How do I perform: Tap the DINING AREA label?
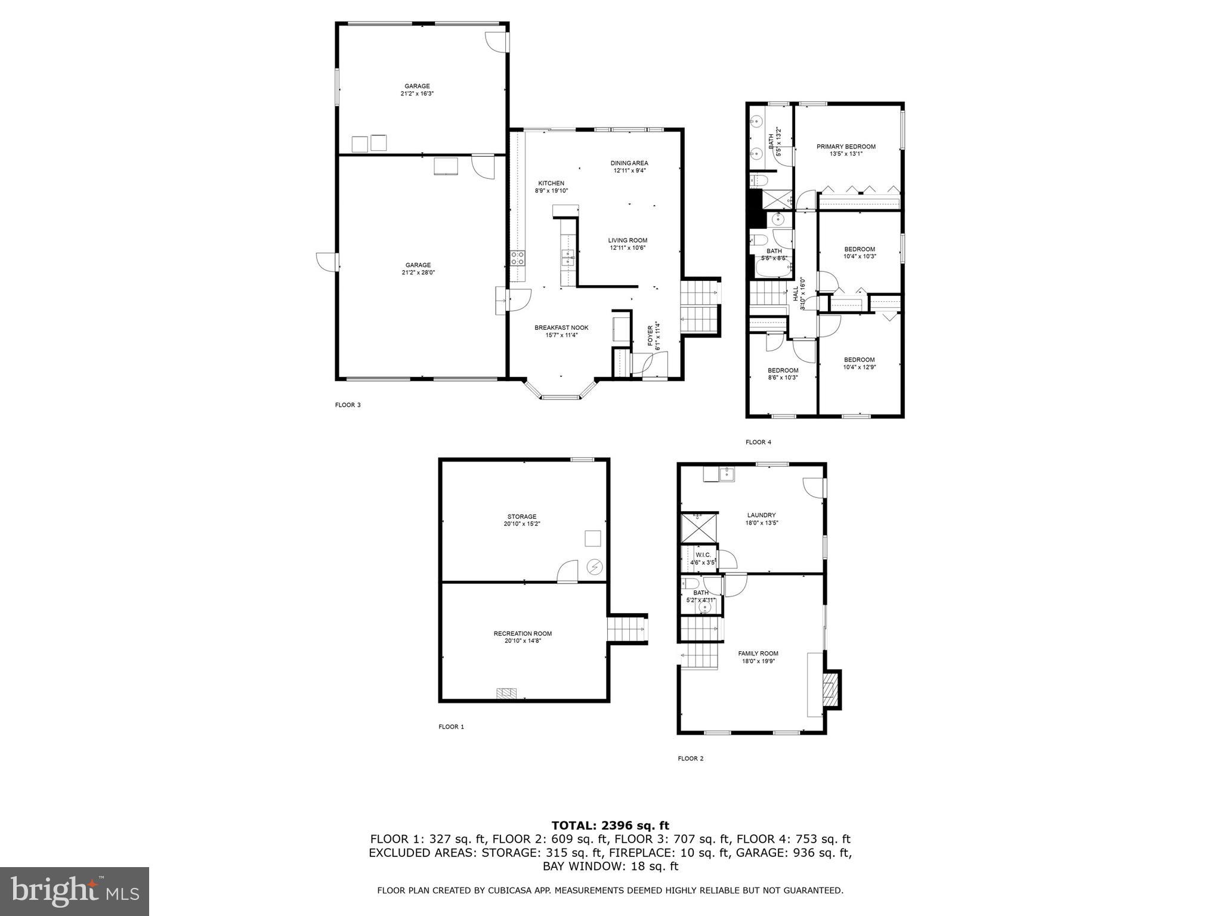pyautogui.click(x=629, y=163)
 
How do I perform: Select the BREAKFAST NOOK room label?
pyautogui.click(x=561, y=328)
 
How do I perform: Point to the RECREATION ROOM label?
pyautogui.click(x=523, y=634)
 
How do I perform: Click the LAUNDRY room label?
pyautogui.click(x=761, y=516)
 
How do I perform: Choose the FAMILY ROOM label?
pyautogui.click(x=758, y=654)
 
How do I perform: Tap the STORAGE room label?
pyautogui.click(x=522, y=517)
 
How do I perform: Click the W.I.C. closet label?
pyautogui.click(x=703, y=555)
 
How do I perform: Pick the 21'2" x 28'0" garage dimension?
pyautogui.click(x=418, y=273)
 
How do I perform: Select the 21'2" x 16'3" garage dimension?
pyautogui.click(x=417, y=94)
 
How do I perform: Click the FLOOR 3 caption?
pyautogui.click(x=348, y=406)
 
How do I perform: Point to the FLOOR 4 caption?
pyautogui.click(x=758, y=442)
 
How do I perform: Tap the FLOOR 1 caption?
pyautogui.click(x=451, y=727)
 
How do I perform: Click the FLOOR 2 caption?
pyautogui.click(x=691, y=759)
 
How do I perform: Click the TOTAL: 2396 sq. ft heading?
pyautogui.click(x=610, y=826)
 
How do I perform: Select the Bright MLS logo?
pyautogui.click(x=75, y=891)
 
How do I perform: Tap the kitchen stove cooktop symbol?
pyautogui.click(x=518, y=258)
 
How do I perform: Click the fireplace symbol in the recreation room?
pyautogui.click(x=507, y=693)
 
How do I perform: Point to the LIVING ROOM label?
pyautogui.click(x=628, y=241)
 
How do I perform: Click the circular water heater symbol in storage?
pyautogui.click(x=595, y=567)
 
